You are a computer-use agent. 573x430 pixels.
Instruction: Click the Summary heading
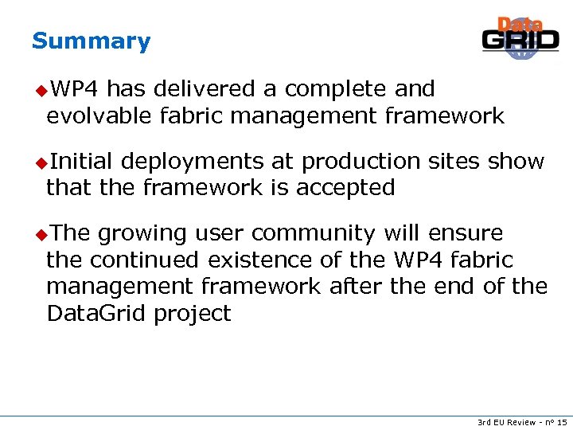pyautogui.click(x=91, y=41)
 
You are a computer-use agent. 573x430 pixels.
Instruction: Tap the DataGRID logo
pyautogui.click(x=520, y=38)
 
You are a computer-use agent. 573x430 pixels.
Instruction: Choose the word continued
pyautogui.click(x=146, y=260)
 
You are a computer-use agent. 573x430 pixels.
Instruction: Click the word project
pyautogui.click(x=193, y=314)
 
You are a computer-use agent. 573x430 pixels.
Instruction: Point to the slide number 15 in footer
pyautogui.click(x=562, y=420)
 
